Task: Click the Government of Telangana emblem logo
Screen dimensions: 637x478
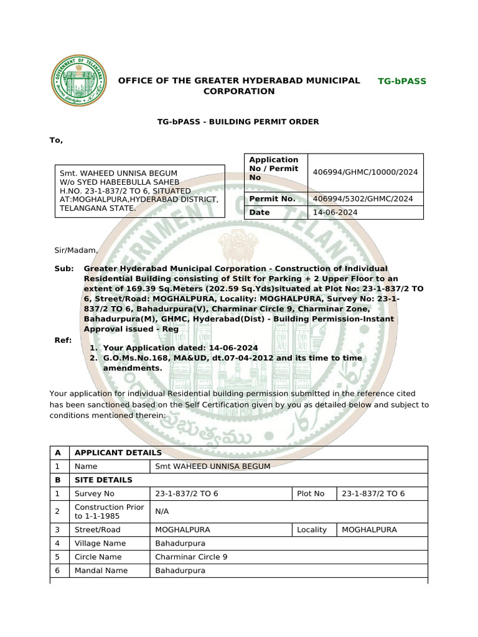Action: [x=78, y=81]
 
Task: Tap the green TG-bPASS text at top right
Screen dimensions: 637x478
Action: [x=402, y=81]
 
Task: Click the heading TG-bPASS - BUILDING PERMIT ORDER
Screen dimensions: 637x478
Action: [x=238, y=122]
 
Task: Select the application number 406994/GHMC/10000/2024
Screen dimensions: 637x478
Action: [x=365, y=172]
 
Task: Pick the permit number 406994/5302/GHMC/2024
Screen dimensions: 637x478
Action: [x=363, y=199]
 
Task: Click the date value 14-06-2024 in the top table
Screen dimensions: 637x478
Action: [x=335, y=213]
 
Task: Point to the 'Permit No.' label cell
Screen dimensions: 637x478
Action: [x=272, y=199]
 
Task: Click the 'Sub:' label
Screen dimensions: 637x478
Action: [x=64, y=269]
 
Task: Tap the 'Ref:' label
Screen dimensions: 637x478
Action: [x=63, y=340]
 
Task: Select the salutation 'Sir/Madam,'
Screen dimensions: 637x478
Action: [x=77, y=250]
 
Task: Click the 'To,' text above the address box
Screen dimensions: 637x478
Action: [x=57, y=140]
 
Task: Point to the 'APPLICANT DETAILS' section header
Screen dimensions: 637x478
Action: [x=118, y=453]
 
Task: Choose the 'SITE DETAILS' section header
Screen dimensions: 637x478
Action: [x=103, y=480]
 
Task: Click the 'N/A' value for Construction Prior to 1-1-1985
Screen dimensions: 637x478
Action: [x=162, y=511]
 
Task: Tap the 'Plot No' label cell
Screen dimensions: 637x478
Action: [x=311, y=494]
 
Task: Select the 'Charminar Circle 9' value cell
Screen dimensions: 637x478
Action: [x=191, y=557]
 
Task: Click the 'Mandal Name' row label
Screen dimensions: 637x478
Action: [x=101, y=570]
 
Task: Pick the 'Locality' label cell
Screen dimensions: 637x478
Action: [x=312, y=530]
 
